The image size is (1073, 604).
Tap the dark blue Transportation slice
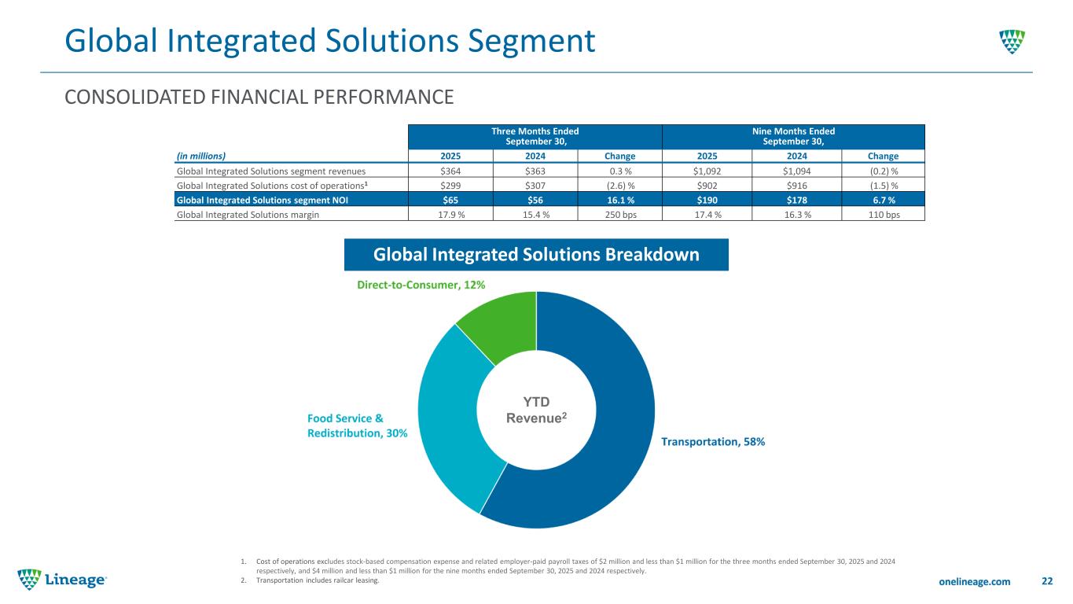[x=597, y=440]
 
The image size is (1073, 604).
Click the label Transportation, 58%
[x=713, y=442]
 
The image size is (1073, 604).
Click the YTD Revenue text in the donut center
[x=536, y=410]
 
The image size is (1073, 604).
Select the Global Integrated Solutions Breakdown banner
[x=536, y=255]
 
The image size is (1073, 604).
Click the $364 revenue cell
[x=449, y=170]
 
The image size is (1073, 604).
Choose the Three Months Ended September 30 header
[x=535, y=135]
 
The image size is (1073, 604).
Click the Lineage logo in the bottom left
[x=62, y=580]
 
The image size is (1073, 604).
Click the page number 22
[x=1046, y=581]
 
